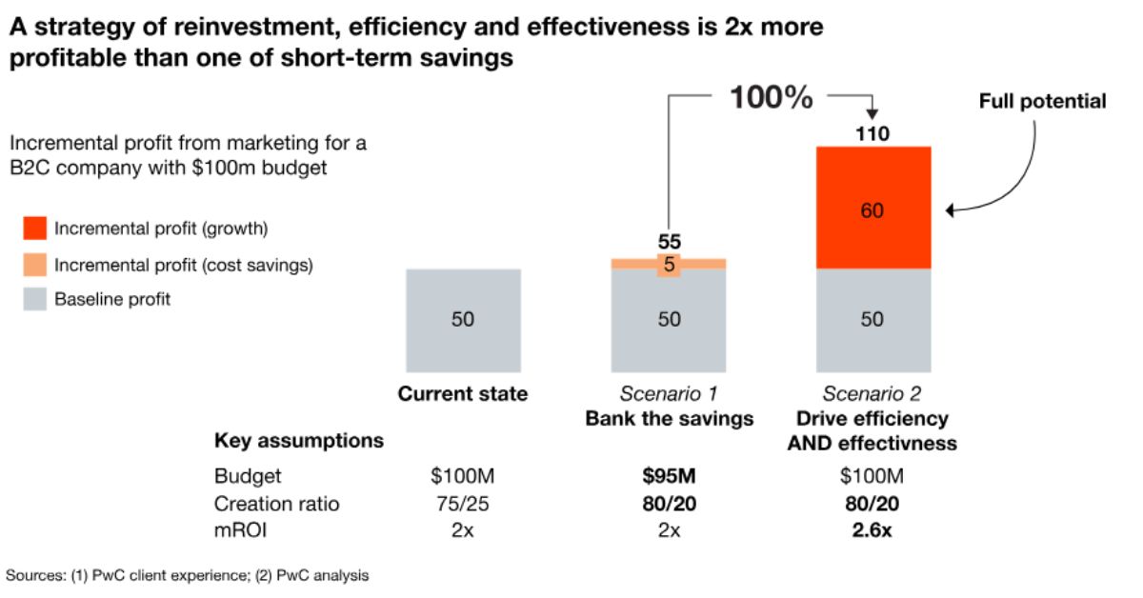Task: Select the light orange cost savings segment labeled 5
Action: tap(669, 264)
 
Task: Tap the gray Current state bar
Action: tap(462, 320)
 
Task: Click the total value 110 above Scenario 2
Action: tap(872, 134)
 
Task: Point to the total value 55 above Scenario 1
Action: tap(669, 243)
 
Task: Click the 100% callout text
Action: tap(771, 96)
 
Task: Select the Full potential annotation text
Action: tap(1042, 101)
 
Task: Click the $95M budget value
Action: tap(669, 475)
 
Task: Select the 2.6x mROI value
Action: tap(872, 530)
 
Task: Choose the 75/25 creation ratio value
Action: tap(462, 503)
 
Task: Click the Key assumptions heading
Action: tap(299, 441)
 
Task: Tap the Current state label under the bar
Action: tap(462, 394)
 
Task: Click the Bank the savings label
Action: tap(669, 419)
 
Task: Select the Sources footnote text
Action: tap(188, 575)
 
